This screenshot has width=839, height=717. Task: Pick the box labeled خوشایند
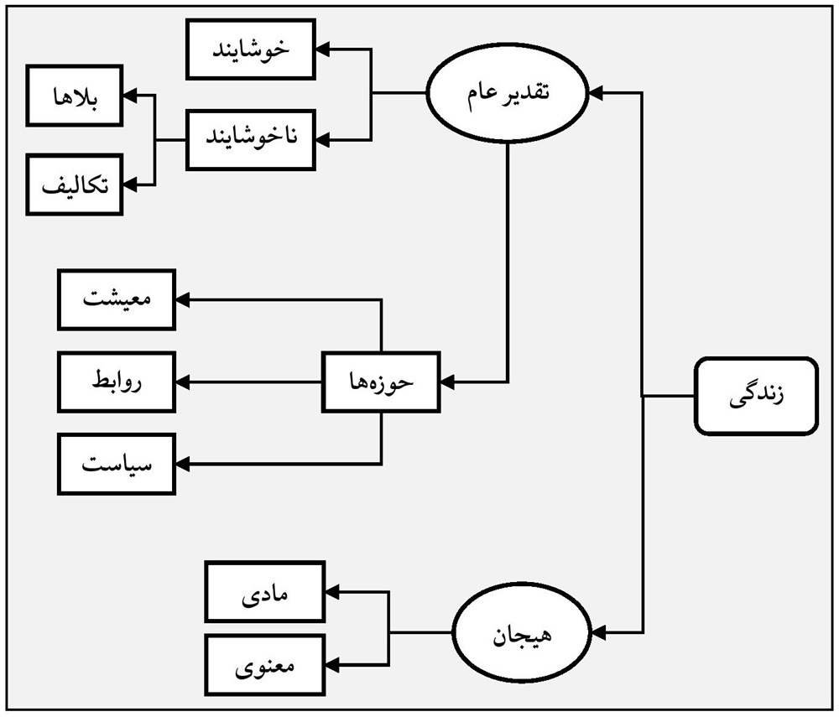pyautogui.click(x=249, y=49)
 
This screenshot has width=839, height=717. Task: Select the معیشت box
pyautogui.click(x=117, y=299)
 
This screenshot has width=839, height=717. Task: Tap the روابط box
pyautogui.click(x=117, y=382)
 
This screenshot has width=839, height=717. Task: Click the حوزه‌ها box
pyautogui.click(x=382, y=382)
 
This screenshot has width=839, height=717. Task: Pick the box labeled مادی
pyautogui.click(x=264, y=592)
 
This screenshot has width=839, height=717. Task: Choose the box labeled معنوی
pyautogui.click(x=264, y=667)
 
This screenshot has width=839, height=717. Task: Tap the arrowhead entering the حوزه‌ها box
pyautogui.click(x=446, y=382)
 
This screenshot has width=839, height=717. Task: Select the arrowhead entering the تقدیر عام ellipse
pyautogui.click(x=597, y=92)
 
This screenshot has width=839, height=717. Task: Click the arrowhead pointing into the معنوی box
pyautogui.click(x=329, y=667)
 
